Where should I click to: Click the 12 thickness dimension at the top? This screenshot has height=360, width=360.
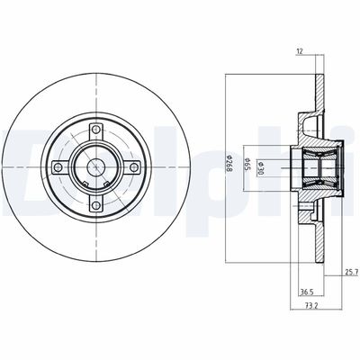point(301,52)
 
